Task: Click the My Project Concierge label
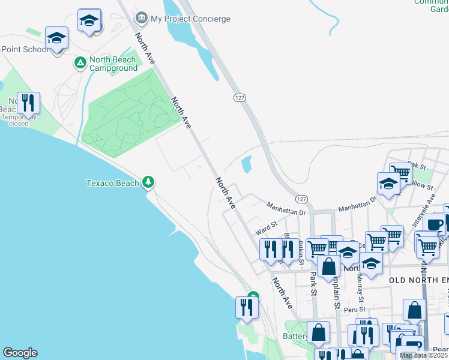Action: click(x=190, y=19)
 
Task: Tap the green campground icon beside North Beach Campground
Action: click(x=79, y=62)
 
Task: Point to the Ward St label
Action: click(x=265, y=228)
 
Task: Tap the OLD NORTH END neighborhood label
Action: click(x=418, y=280)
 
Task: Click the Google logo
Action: click(x=20, y=353)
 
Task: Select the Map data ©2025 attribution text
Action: click(x=423, y=355)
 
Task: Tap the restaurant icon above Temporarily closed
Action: click(x=28, y=104)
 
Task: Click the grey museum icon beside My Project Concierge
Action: click(x=142, y=18)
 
